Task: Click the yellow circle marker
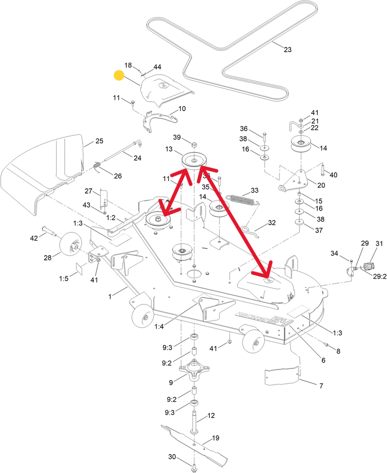pyautogui.click(x=119, y=75)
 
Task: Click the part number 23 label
pyautogui.click(x=288, y=49)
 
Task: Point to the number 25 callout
pyautogui.click(x=99, y=141)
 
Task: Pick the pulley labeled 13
pyautogui.click(x=193, y=161)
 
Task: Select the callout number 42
pyautogui.click(x=33, y=238)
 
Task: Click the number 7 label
pyautogui.click(x=321, y=386)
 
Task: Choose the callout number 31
pyautogui.click(x=379, y=244)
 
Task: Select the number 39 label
pyautogui.click(x=178, y=138)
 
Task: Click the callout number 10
pyautogui.click(x=182, y=108)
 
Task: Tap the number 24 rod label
pyautogui.click(x=138, y=158)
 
